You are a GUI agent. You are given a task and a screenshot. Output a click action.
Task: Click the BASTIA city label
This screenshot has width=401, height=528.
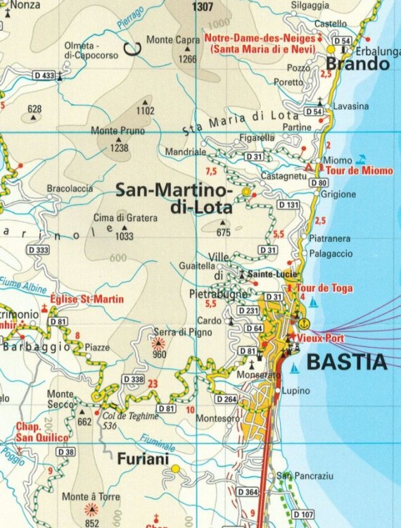(x=348, y=363)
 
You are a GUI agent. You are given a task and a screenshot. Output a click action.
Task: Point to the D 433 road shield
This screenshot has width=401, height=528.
(x=44, y=75)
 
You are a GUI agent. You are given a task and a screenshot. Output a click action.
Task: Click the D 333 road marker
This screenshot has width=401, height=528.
(x=38, y=250)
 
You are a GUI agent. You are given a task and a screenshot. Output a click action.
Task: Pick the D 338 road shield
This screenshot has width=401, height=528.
(x=133, y=379)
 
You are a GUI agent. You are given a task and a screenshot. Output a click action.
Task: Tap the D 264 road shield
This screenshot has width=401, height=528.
(x=226, y=399)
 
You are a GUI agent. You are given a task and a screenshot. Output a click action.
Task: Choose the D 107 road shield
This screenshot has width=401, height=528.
(x=303, y=515)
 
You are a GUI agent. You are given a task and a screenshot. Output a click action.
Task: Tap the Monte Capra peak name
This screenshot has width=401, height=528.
(x=173, y=40)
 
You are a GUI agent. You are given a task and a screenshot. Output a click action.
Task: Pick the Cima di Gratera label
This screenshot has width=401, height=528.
(x=125, y=218)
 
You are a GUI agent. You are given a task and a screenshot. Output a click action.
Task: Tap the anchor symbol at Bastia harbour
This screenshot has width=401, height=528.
(x=304, y=323)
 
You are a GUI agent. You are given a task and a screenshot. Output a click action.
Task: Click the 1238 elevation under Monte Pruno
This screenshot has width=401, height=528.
(x=120, y=148)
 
